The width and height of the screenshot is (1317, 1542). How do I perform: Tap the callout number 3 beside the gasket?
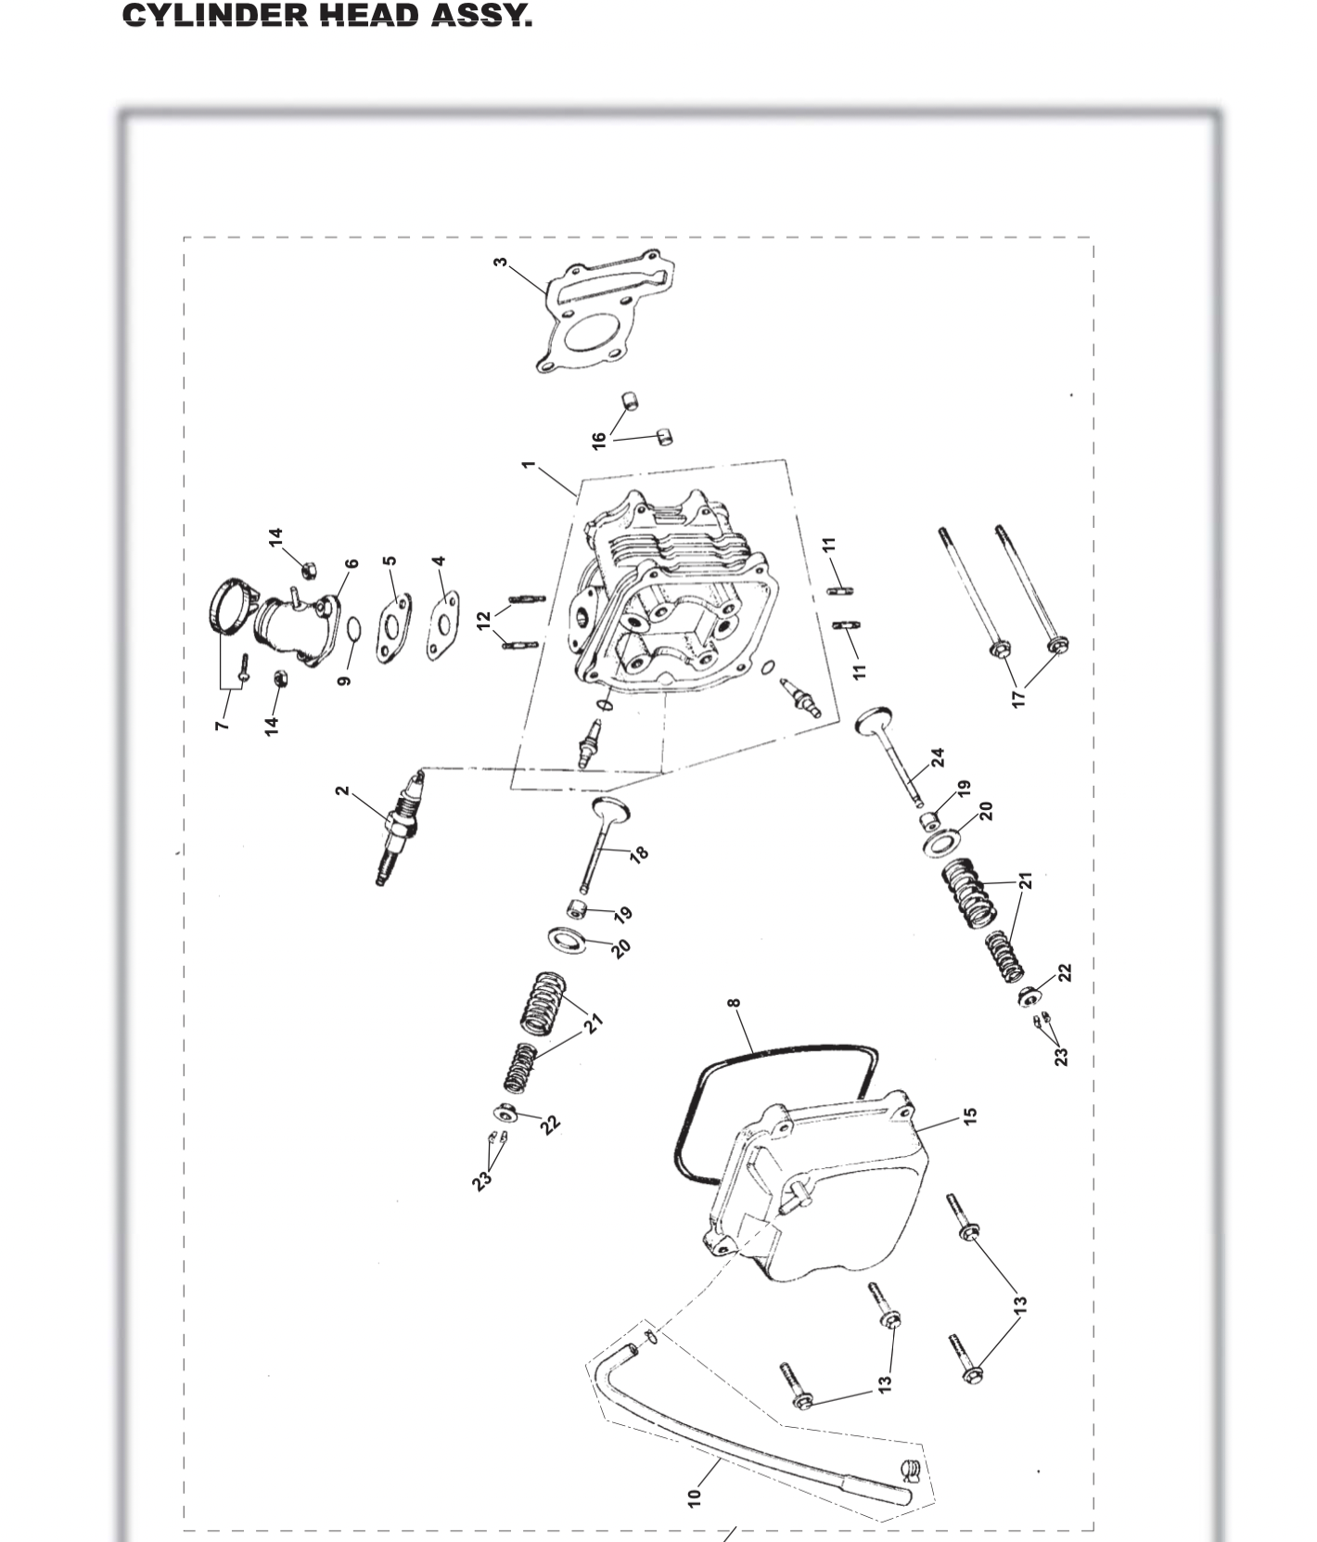pos(501,263)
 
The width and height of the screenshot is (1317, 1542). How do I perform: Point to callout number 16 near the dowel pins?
pos(599,440)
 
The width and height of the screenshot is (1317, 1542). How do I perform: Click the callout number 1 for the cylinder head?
pos(529,464)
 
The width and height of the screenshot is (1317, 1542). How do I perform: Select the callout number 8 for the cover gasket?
pos(735,1003)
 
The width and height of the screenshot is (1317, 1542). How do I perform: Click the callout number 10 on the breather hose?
pos(695,1497)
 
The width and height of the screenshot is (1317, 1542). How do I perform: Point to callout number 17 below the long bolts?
pos(1019,699)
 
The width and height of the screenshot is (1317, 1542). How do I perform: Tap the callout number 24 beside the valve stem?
pos(939,757)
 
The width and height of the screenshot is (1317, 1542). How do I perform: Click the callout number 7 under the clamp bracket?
pos(221,725)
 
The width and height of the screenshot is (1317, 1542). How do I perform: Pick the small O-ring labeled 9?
pos(354,630)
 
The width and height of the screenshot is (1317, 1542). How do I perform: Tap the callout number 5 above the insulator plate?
pos(390,561)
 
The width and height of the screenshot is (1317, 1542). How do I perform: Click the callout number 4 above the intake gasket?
pos(440,561)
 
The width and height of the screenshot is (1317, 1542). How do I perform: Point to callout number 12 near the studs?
pos(483,621)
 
